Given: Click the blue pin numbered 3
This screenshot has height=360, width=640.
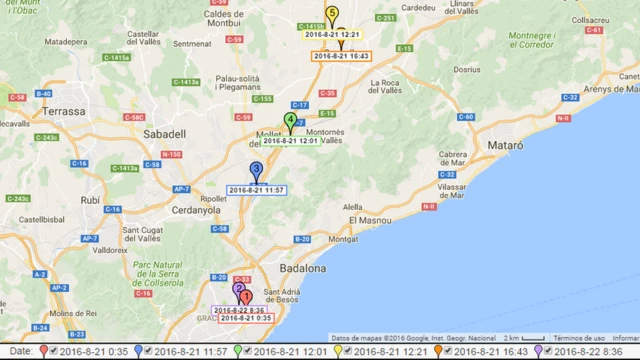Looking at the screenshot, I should coord(256,170).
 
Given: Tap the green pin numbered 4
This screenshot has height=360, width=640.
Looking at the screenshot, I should coord(290,121).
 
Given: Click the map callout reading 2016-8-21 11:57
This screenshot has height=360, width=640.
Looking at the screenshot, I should coord(257,190).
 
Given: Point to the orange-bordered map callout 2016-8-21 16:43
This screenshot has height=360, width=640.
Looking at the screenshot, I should coord(341,56).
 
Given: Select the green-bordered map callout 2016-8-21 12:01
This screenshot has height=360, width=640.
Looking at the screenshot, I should coord(290,141).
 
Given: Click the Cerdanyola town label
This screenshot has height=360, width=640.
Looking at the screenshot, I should coord(197,211).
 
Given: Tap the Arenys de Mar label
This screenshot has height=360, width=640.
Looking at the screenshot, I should coord(610,90).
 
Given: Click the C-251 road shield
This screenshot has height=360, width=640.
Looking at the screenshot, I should coord(385,18).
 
